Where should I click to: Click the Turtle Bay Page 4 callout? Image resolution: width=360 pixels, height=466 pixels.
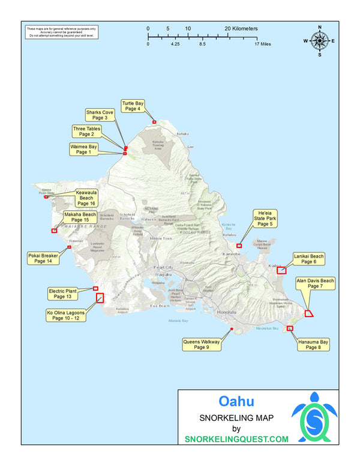coord(133,106)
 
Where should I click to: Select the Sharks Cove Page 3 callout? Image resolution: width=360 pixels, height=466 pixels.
coord(100,115)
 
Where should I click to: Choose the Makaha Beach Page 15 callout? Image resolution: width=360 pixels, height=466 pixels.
coord(80,217)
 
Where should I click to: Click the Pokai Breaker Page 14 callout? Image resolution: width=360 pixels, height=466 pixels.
coord(43,258)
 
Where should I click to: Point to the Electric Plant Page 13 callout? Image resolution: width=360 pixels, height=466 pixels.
coord(63,294)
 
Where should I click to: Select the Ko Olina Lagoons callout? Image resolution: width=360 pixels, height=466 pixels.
coord(66,315)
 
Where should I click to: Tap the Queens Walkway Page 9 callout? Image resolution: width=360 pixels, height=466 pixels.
coord(202,344)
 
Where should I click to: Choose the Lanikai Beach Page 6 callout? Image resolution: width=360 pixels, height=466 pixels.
coord(309,259)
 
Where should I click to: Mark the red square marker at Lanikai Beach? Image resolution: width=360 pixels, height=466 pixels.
coord(281,270)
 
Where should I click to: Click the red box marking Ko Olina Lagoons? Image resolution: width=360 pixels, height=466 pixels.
coord(100,297)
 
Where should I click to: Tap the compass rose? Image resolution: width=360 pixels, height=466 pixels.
coord(320,41)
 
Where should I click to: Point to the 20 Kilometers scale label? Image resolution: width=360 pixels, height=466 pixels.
coord(241,28)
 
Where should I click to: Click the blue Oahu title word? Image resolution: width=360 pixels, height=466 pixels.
coord(236,401)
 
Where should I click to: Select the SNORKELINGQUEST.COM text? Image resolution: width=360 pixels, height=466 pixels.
coord(236,439)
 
